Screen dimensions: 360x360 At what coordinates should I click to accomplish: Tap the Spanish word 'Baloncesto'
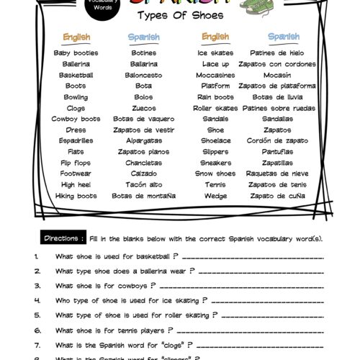pos(143,75)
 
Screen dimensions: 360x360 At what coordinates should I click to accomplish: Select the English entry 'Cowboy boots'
pos(76,119)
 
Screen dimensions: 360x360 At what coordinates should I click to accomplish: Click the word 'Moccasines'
pos(216,75)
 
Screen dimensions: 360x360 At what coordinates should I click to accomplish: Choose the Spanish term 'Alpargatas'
pos(143,141)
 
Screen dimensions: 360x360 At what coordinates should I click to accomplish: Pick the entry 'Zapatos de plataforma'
pos(277,86)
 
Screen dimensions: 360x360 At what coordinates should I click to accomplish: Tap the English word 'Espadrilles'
pos(76,141)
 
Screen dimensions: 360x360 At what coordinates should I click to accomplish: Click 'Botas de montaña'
pos(143,196)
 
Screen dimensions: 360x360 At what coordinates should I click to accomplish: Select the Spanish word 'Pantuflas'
pos(277,152)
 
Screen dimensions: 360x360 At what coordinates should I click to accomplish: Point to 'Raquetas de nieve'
pos(277,174)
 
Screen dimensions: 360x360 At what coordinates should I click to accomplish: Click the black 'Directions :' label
pos(66,238)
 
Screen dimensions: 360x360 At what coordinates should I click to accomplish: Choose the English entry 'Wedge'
pos(216,196)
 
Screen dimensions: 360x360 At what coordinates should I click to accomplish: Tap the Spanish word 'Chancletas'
pos(143,163)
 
